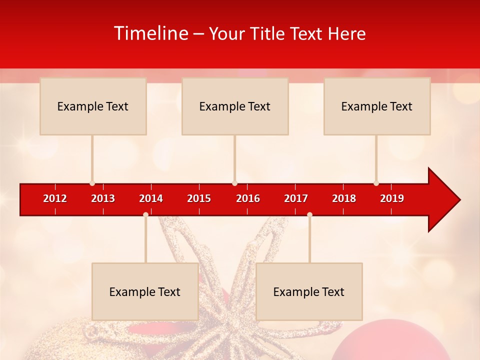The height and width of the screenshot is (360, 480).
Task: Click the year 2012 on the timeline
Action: pos(55,198)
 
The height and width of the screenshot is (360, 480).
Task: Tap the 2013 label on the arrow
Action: pos(103,198)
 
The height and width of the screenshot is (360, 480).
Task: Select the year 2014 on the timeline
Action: pos(151,198)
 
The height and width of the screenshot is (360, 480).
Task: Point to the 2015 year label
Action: pos(199,198)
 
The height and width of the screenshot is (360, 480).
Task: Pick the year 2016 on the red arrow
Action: pos(248,198)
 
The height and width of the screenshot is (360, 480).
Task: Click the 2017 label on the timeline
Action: pos(296,198)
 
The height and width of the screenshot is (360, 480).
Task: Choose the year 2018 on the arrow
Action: pos(344,198)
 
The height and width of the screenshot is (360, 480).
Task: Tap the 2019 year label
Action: pos(392,198)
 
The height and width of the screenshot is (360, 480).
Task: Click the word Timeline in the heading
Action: pos(151,33)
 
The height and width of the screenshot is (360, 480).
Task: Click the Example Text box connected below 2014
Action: pos(145,291)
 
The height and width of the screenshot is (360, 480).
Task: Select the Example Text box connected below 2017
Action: pos(309,291)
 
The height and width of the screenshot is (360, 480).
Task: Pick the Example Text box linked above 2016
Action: pos(235,106)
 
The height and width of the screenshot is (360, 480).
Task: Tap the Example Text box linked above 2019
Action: pos(377,106)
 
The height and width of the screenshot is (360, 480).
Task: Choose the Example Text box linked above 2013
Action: pos(93,106)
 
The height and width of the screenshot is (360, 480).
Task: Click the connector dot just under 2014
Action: pos(145,214)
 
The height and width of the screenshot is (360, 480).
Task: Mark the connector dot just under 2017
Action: pos(309,214)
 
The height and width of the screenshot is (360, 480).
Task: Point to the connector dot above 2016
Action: pos(234,183)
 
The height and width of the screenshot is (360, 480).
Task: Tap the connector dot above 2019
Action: pos(376,183)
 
